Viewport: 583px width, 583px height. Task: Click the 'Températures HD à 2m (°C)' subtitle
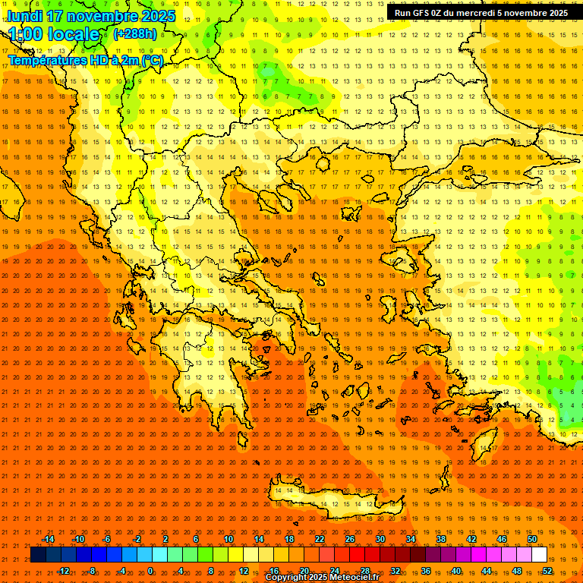(85, 60)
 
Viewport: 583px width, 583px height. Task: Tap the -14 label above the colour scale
(47, 539)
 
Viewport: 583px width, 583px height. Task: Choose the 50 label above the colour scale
(532, 539)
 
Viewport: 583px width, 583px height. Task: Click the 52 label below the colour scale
(548, 571)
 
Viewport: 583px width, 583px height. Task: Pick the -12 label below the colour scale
(63, 571)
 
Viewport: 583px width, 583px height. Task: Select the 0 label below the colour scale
(150, 571)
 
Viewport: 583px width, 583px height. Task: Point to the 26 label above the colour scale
(350, 539)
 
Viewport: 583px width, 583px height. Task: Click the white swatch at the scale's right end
(539, 555)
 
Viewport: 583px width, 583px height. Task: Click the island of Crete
(334, 497)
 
